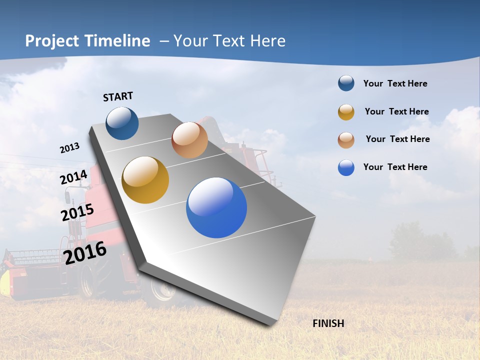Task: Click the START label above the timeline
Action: (x=118, y=96)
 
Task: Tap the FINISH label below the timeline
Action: (x=328, y=323)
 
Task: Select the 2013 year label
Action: (x=69, y=148)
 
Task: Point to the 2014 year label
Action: (x=74, y=177)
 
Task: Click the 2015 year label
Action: (x=77, y=212)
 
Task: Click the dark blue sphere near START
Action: (x=122, y=123)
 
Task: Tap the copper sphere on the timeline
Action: (x=189, y=140)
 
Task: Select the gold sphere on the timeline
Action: (x=145, y=180)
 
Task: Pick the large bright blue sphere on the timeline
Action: (x=216, y=207)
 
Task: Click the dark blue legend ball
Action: (x=346, y=83)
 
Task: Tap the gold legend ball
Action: (x=346, y=112)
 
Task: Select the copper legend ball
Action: (x=346, y=140)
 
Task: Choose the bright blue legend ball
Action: (x=346, y=167)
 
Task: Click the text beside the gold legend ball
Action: (x=396, y=111)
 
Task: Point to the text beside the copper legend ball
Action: (x=397, y=139)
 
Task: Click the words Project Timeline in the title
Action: (x=87, y=41)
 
